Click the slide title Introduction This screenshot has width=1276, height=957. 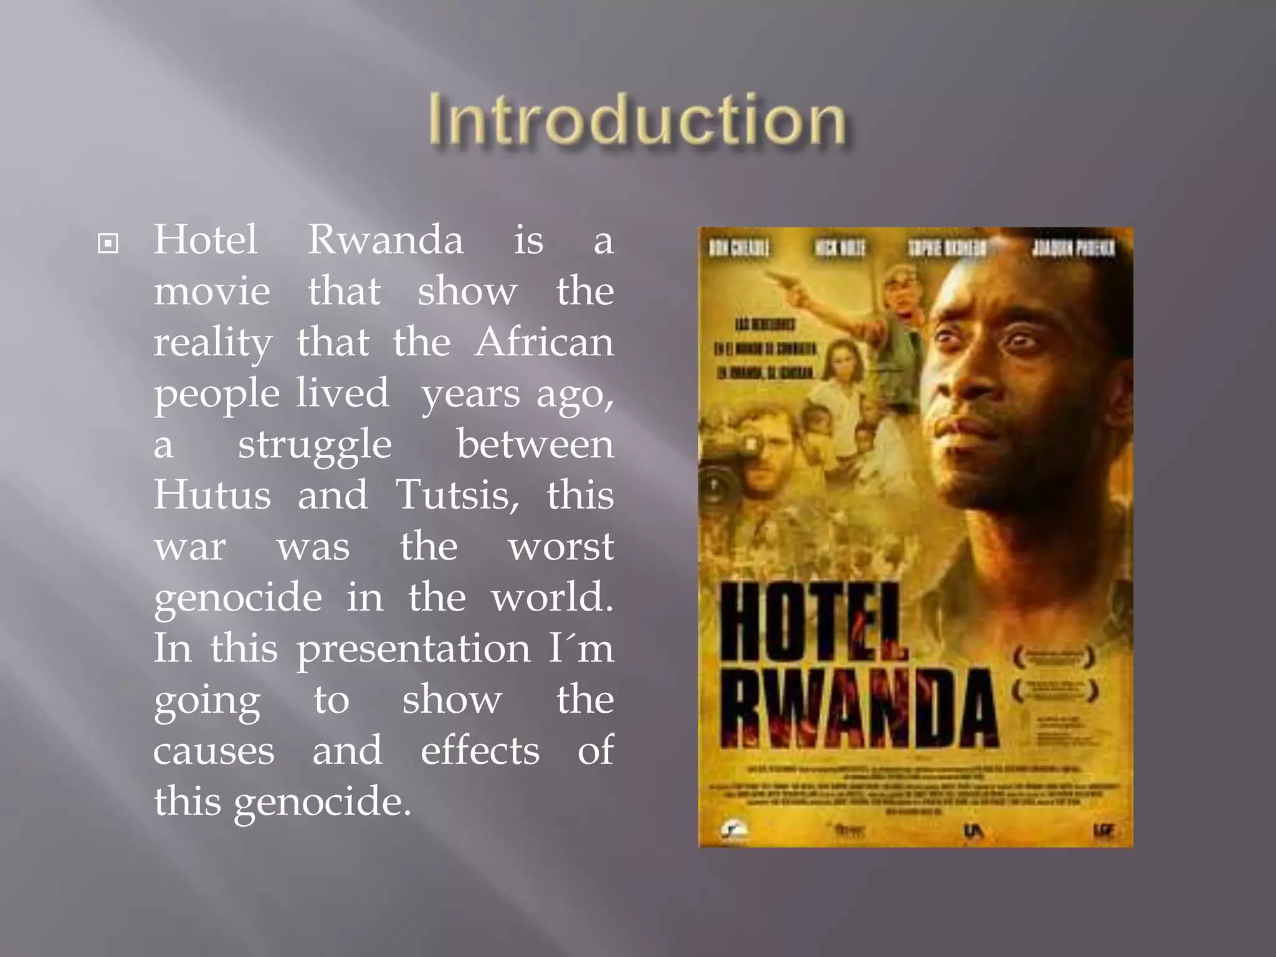click(637, 120)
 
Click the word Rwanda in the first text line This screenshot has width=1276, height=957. click(386, 240)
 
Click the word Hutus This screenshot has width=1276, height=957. click(212, 495)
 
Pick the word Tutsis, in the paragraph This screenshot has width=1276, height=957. click(458, 496)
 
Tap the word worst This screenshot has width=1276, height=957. click(561, 547)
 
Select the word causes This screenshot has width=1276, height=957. click(214, 751)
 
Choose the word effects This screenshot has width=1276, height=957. click(480, 751)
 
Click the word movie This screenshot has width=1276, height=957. click(212, 292)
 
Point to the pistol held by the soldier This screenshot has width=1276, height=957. click(786, 281)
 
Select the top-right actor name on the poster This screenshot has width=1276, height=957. click(1074, 249)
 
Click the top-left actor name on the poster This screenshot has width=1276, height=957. click(740, 249)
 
